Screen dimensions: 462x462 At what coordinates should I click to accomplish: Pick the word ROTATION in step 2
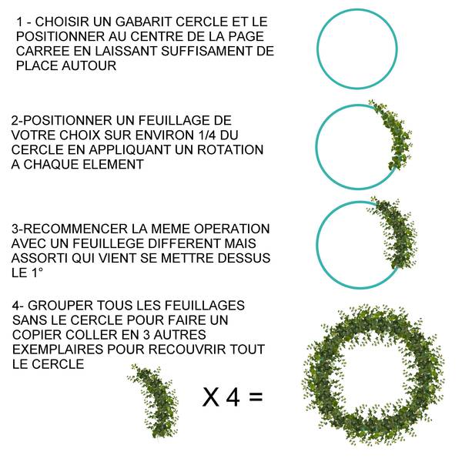(x=232, y=149)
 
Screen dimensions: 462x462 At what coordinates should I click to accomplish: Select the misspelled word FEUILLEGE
(x=119, y=243)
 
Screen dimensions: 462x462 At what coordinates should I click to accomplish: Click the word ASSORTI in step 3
(x=39, y=258)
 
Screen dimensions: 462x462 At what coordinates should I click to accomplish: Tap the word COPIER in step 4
(x=38, y=335)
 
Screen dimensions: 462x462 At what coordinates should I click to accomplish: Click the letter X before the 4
(x=210, y=397)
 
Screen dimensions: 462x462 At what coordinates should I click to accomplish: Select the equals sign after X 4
(x=256, y=398)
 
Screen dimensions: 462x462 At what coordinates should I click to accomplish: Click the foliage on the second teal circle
(x=392, y=135)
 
